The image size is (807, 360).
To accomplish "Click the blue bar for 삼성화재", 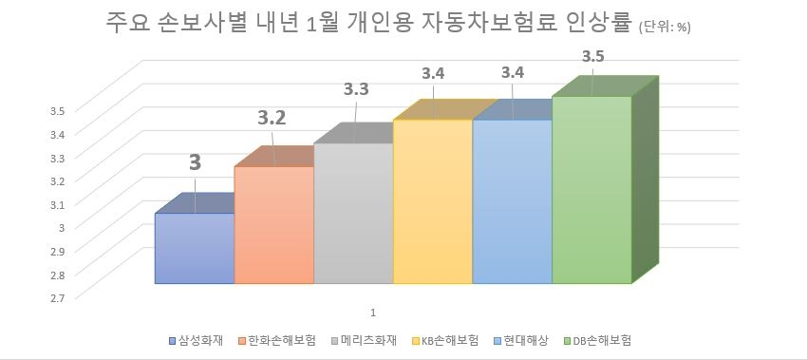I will click(194, 248).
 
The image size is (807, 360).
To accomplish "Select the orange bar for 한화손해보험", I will click(273, 225).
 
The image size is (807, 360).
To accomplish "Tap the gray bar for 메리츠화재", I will click(353, 214).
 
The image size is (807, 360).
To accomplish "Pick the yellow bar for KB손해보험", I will click(432, 201).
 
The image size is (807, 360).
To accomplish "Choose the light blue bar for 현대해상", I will click(512, 201).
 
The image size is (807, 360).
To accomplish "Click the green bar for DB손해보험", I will click(591, 190).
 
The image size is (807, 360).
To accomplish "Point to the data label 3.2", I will click(273, 120).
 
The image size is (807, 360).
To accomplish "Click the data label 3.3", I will click(356, 92).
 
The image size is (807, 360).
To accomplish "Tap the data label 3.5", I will click(593, 57).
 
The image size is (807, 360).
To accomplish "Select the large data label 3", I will click(195, 162).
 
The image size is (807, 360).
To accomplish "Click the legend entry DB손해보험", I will click(602, 340).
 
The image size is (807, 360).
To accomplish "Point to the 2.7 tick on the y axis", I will click(57, 297).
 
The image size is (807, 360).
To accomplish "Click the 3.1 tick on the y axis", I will click(57, 203).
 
